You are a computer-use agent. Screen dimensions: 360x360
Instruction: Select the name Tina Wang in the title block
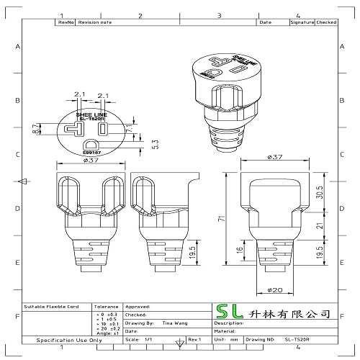coord(172,324)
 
